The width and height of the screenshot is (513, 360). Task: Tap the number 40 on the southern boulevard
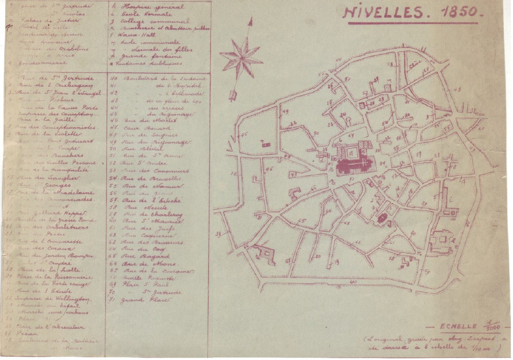click(353, 283)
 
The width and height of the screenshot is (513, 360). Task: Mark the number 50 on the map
click(316, 133)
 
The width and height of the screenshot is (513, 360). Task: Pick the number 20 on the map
click(318, 256)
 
